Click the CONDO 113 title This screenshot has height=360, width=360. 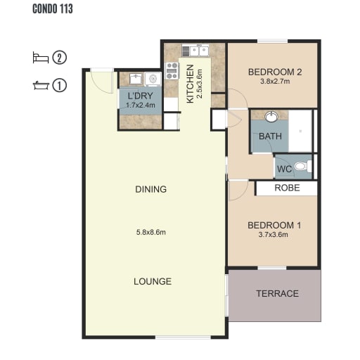pyautogui.click(x=53, y=8)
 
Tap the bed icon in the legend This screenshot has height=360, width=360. pyautogui.click(x=41, y=58)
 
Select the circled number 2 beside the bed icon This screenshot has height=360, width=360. pyautogui.click(x=60, y=58)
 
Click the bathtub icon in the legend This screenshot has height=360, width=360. pyautogui.click(x=41, y=85)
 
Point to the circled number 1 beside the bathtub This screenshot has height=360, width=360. pyautogui.click(x=60, y=85)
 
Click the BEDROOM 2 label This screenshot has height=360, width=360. pyautogui.click(x=275, y=72)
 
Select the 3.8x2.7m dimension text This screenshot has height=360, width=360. pyautogui.click(x=275, y=82)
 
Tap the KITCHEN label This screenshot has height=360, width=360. pyautogui.click(x=190, y=84)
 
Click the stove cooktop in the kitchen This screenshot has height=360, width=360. pyautogui.click(x=172, y=70)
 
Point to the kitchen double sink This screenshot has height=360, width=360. pyautogui.click(x=195, y=51)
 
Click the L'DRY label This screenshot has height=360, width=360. pyautogui.click(x=141, y=96)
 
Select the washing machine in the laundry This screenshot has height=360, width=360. pyautogui.click(x=153, y=79)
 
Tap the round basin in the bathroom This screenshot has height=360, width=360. pyautogui.click(x=271, y=117)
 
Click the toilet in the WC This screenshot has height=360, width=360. pyautogui.click(x=303, y=166)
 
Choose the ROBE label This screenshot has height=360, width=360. pyautogui.click(x=287, y=188)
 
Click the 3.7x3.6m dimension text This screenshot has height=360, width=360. pyautogui.click(x=274, y=235)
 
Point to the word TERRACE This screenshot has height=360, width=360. pyautogui.click(x=278, y=293)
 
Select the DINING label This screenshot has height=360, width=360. pyautogui.click(x=151, y=189)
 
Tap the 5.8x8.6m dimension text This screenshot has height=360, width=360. pyautogui.click(x=151, y=232)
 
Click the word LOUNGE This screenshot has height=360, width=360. pyautogui.click(x=153, y=281)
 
